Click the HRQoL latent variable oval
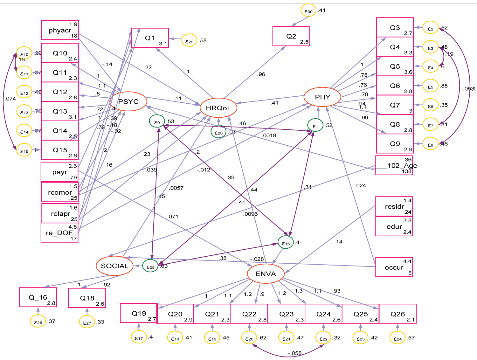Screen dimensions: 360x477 click(218, 108)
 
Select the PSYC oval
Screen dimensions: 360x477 click(128, 101)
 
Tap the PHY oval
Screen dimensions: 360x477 click(322, 97)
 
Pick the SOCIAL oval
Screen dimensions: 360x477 click(114, 266)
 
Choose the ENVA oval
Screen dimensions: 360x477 click(266, 274)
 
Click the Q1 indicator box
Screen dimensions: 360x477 click(150, 38)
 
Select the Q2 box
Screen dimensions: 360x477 click(291, 36)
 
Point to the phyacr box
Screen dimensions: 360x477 click(60, 30)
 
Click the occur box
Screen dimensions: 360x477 click(394, 267)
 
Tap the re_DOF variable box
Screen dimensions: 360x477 click(59, 233)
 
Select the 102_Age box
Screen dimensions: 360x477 click(394, 165)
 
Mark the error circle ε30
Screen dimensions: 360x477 click(308, 11)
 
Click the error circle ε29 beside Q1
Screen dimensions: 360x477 click(189, 41)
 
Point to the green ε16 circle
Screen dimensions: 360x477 click(286, 243)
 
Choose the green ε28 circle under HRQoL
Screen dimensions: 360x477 click(218, 132)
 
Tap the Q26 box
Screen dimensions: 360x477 click(397, 314)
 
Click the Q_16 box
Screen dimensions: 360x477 click(38, 297)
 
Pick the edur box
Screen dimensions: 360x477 click(394, 226)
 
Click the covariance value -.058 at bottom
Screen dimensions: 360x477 click(294, 353)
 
